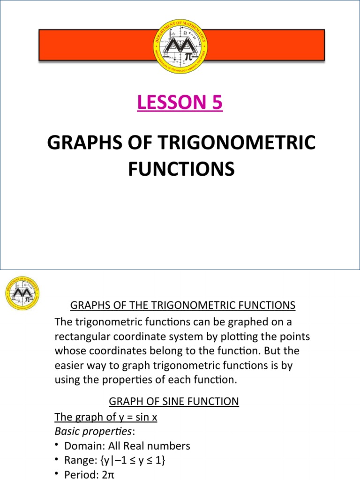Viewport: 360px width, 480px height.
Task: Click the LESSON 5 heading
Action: click(180, 103)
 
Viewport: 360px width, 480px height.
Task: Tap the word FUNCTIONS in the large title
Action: click(181, 168)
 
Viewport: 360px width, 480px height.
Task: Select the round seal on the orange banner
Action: click(180, 45)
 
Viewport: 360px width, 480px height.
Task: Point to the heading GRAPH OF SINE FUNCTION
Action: click(174, 401)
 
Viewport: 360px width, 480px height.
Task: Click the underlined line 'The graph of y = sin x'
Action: click(106, 417)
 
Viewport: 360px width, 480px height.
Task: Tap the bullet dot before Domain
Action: click(57, 444)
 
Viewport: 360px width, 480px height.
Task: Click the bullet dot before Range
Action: click(57, 459)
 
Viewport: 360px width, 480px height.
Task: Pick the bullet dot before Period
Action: click(57, 474)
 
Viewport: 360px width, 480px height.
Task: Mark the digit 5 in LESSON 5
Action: click(216, 103)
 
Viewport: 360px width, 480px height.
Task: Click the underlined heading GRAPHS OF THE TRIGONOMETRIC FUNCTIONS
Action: click(183, 306)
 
